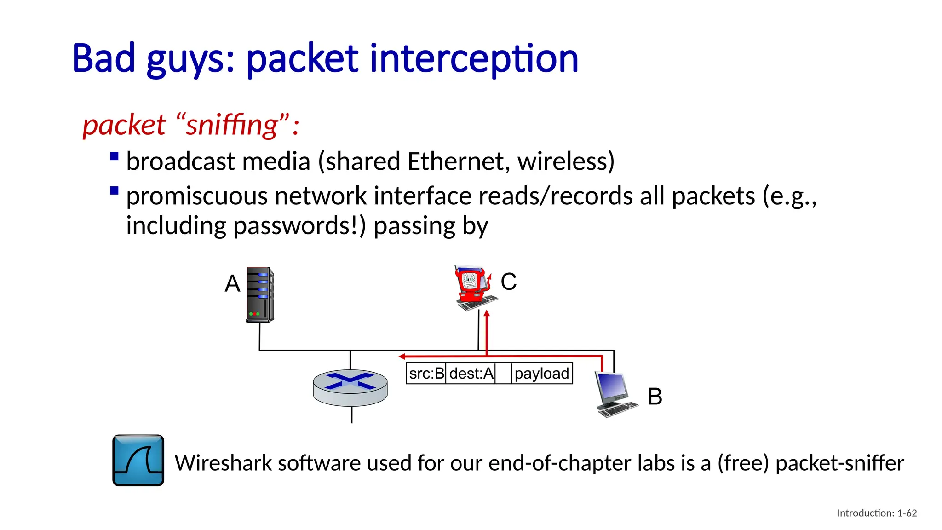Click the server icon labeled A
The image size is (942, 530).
click(260, 294)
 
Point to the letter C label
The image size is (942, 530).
click(508, 282)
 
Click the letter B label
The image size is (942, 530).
click(655, 397)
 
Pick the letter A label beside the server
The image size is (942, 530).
click(232, 283)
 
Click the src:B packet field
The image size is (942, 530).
click(426, 373)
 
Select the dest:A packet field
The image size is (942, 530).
click(471, 373)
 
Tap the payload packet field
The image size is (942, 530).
click(541, 373)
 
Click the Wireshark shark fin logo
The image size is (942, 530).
click(138, 460)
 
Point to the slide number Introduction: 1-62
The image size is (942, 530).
click(877, 513)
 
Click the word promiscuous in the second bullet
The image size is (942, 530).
click(197, 196)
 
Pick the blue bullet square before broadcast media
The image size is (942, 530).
click(115, 156)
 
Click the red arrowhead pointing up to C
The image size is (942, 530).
click(487, 313)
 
